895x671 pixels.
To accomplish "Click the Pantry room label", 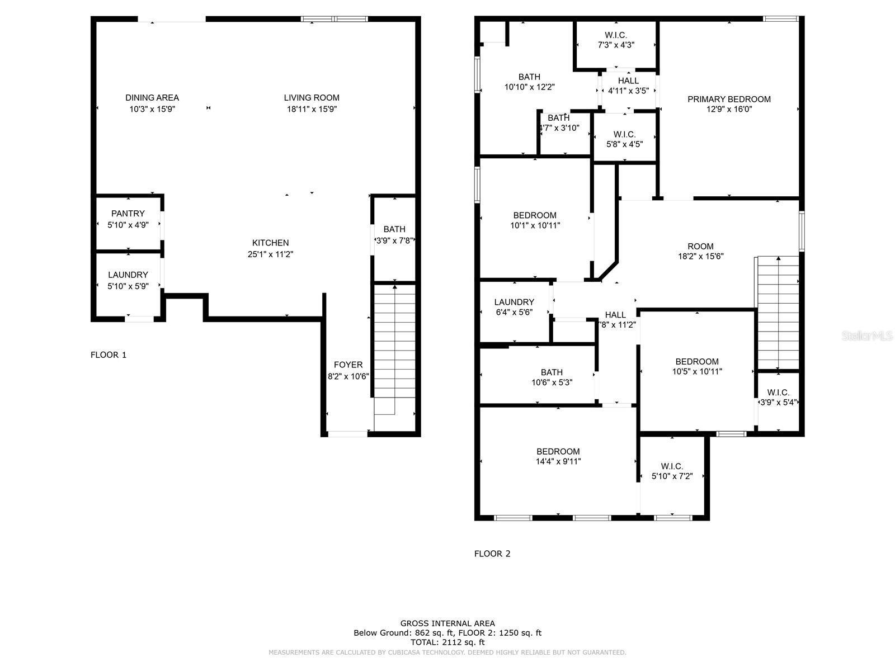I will click(x=128, y=214).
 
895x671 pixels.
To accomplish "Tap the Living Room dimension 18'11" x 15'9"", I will click(x=312, y=109).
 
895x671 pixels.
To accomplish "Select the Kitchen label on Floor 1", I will click(x=270, y=243).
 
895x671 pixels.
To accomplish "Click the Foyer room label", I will click(x=348, y=365).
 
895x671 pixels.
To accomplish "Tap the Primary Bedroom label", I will click(x=729, y=100).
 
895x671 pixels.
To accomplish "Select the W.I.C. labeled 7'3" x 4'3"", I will click(x=616, y=40).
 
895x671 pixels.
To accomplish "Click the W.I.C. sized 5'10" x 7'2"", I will click(x=672, y=471).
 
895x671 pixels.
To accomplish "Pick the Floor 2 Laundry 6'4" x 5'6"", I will click(x=514, y=308).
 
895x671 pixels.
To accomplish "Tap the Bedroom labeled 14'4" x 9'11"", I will click(x=558, y=456).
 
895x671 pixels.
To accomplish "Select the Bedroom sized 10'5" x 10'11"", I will click(x=697, y=366).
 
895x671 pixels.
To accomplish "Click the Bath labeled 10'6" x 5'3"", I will click(x=552, y=377).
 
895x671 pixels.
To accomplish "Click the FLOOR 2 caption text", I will click(x=492, y=554).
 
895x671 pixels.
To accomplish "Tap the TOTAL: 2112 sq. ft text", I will click(x=447, y=642).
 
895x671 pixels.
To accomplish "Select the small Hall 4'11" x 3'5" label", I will click(x=628, y=86).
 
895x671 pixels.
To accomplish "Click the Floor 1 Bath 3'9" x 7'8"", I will click(x=394, y=235).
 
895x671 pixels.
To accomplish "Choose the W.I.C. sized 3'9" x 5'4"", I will click(x=778, y=397).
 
